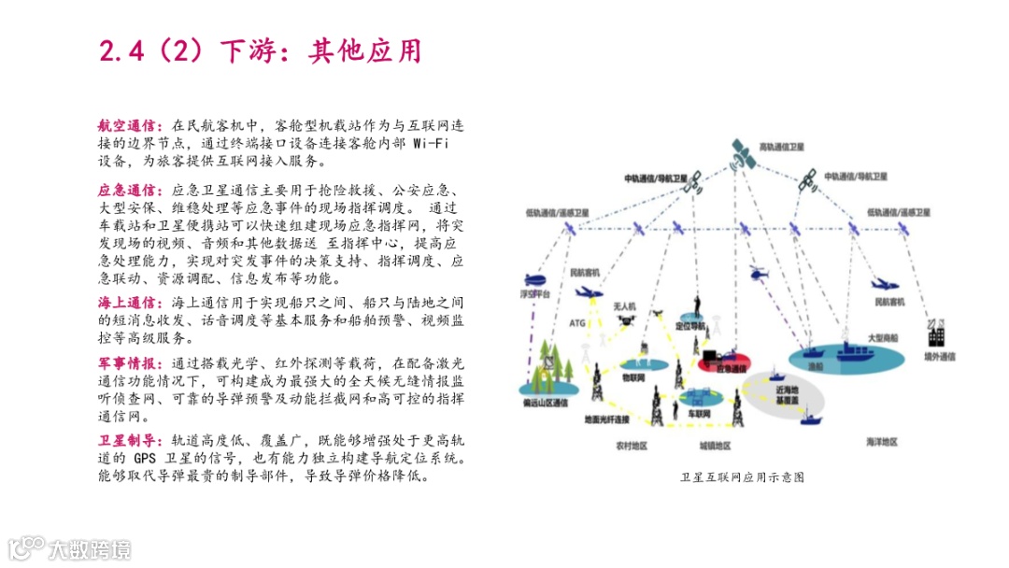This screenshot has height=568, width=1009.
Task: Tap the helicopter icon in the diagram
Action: (759, 273)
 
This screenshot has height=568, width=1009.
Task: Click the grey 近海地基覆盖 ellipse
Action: (789, 394)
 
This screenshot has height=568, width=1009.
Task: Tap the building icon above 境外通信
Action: (934, 333)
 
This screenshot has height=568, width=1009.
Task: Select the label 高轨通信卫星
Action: (781, 148)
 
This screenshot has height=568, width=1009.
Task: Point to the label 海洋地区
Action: (881, 441)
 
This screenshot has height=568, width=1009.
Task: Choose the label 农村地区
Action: (632, 446)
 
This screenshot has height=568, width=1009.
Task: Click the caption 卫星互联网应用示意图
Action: (743, 477)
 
